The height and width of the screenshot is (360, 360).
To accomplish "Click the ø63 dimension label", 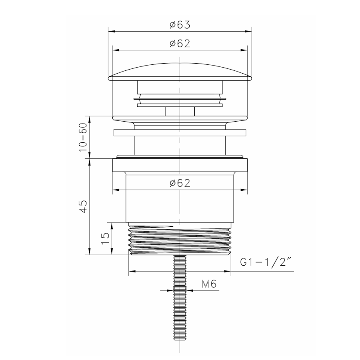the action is click(x=180, y=25).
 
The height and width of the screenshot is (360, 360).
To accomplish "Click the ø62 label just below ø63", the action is click(x=180, y=43).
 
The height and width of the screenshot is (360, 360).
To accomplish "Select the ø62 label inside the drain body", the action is click(x=180, y=183).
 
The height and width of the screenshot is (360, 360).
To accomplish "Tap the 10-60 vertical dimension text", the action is click(x=83, y=137).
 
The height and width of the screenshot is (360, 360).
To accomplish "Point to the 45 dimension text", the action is click(x=83, y=206).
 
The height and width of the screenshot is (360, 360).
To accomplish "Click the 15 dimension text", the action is click(x=105, y=238).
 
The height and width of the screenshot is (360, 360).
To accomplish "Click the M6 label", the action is click(x=209, y=284).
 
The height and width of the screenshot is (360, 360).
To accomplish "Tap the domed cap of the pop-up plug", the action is click(x=180, y=72).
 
